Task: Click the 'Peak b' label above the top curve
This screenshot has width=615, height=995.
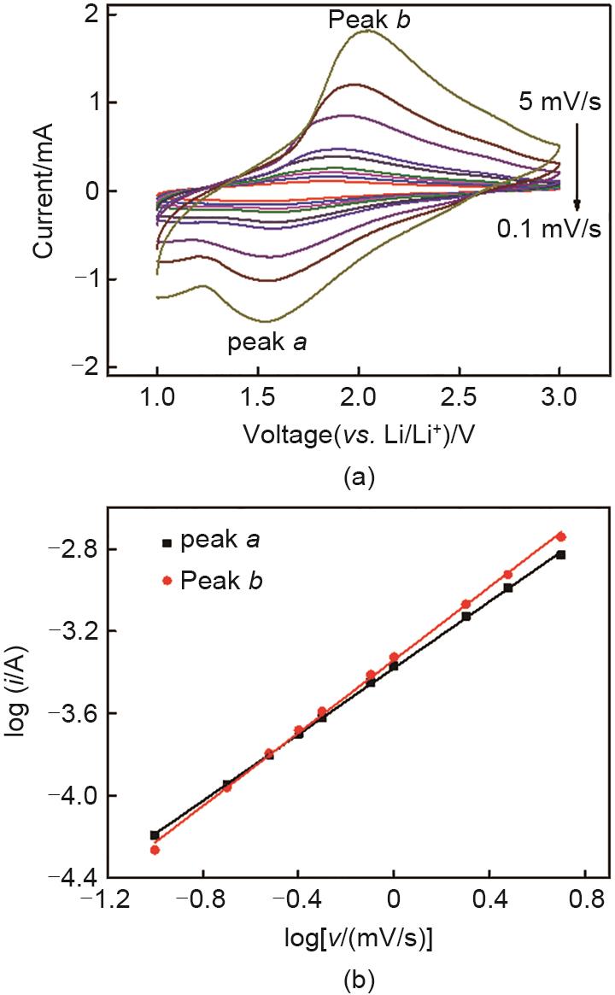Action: (x=368, y=19)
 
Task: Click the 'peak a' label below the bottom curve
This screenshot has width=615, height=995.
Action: (x=267, y=343)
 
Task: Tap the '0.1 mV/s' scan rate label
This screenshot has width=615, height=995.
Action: (x=548, y=228)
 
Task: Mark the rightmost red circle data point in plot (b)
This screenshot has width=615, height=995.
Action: (x=561, y=536)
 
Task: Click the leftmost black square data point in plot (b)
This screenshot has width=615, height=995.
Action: (x=155, y=835)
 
